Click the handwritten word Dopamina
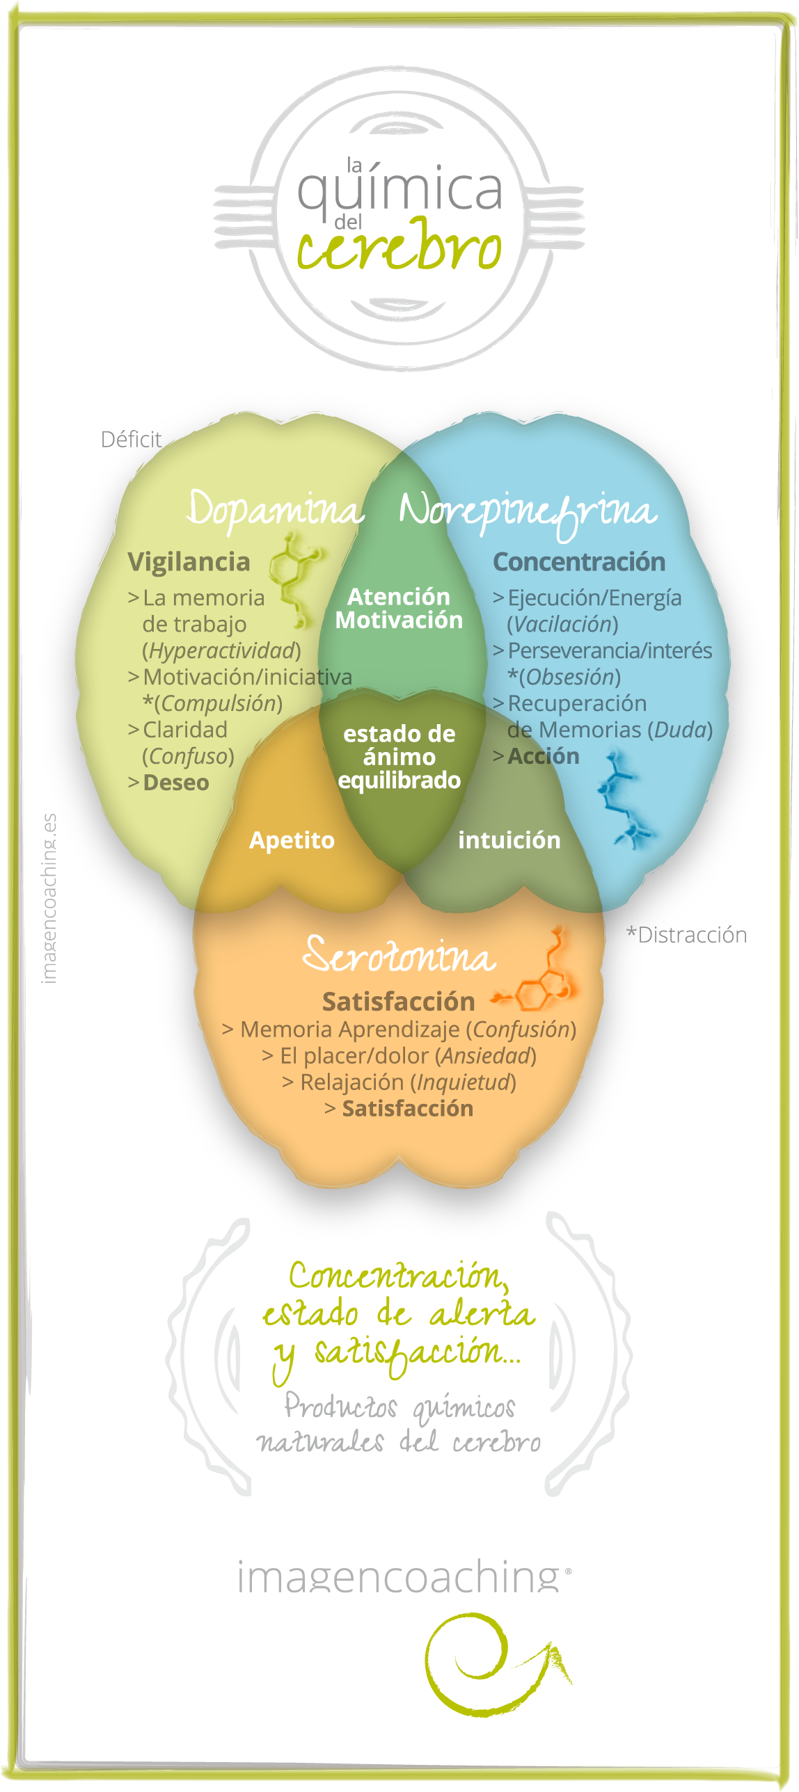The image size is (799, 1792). coord(275,509)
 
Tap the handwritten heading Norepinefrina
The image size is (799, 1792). coord(528,513)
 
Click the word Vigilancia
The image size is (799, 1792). coord(189,562)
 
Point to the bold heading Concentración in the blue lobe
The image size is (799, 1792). coord(578,562)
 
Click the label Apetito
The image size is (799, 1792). coord(292,840)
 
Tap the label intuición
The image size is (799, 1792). coord(509,840)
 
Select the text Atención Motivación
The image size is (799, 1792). coord(399,608)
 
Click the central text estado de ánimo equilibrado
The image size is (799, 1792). coord(399,757)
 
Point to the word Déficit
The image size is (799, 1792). coord(131,440)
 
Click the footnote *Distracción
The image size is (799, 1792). coord(686,935)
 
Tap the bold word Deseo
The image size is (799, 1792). coord(175,783)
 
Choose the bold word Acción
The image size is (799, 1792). coord(543,756)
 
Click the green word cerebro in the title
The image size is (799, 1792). coord(399,247)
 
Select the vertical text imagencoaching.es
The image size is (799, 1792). coord(49,898)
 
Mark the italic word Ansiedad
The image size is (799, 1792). coord(486,1056)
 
